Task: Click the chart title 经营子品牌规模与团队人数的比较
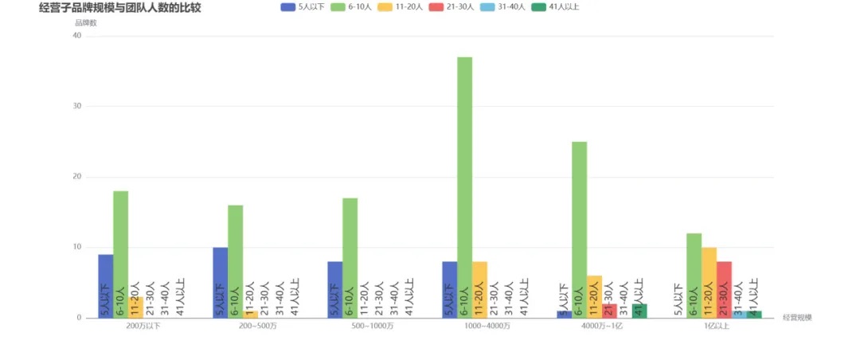tap(119, 8)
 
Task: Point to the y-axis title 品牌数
tap(85, 22)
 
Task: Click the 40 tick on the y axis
tap(77, 36)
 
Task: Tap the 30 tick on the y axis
tap(77, 106)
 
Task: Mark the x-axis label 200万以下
tap(143, 327)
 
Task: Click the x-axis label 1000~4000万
tap(487, 327)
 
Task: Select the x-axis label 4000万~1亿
tap(602, 327)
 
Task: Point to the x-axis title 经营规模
tap(797, 318)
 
